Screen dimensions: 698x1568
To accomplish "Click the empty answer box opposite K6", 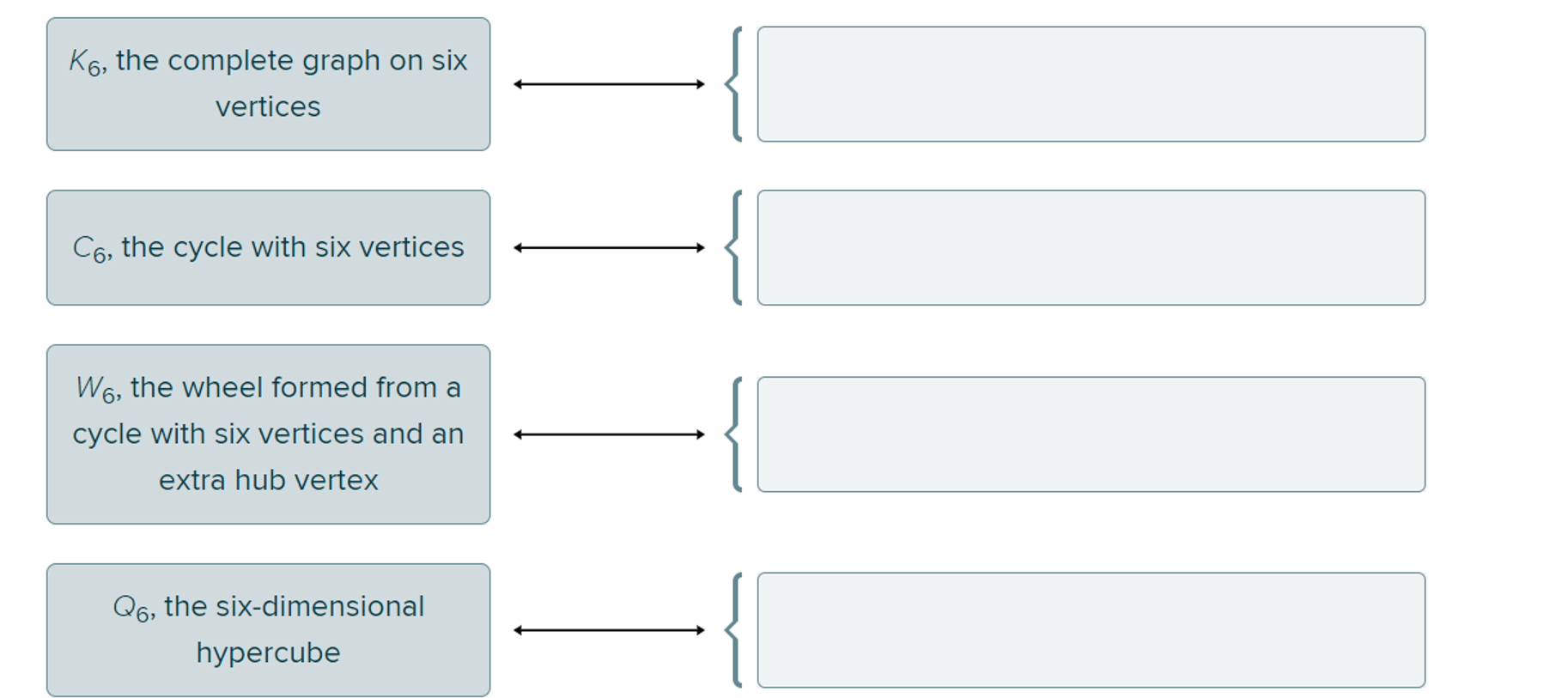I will [x=1091, y=84].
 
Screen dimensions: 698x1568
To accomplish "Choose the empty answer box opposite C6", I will [x=1091, y=247].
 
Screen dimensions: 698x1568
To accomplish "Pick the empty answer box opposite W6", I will [x=1091, y=434].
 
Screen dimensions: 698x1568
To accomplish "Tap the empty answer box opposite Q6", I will [x=1091, y=630].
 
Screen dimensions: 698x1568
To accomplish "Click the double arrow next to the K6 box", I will [x=609, y=84].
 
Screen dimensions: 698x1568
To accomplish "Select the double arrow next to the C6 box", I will [x=609, y=247].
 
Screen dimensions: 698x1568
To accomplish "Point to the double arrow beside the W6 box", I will [x=609, y=434].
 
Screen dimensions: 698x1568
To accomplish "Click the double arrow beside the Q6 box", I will [x=609, y=630].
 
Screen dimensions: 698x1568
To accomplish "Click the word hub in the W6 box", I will [x=259, y=480].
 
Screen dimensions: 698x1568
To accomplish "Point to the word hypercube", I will [x=268, y=653].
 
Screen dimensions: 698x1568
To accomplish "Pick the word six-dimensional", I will [x=319, y=606].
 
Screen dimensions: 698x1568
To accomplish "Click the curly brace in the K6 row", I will [x=733, y=84].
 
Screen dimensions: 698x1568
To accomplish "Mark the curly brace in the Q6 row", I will [x=733, y=630].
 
